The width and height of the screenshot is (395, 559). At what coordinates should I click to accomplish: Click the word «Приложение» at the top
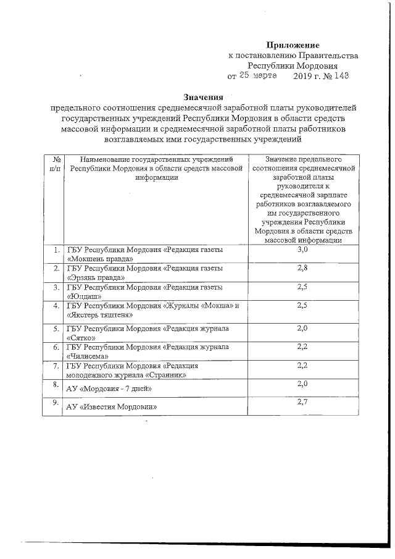(293, 45)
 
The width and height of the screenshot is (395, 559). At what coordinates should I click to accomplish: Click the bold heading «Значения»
(202, 97)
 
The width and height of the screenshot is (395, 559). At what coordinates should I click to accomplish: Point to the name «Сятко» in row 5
(80, 338)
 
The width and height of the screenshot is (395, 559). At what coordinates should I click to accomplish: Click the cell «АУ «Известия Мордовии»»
(111, 408)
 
